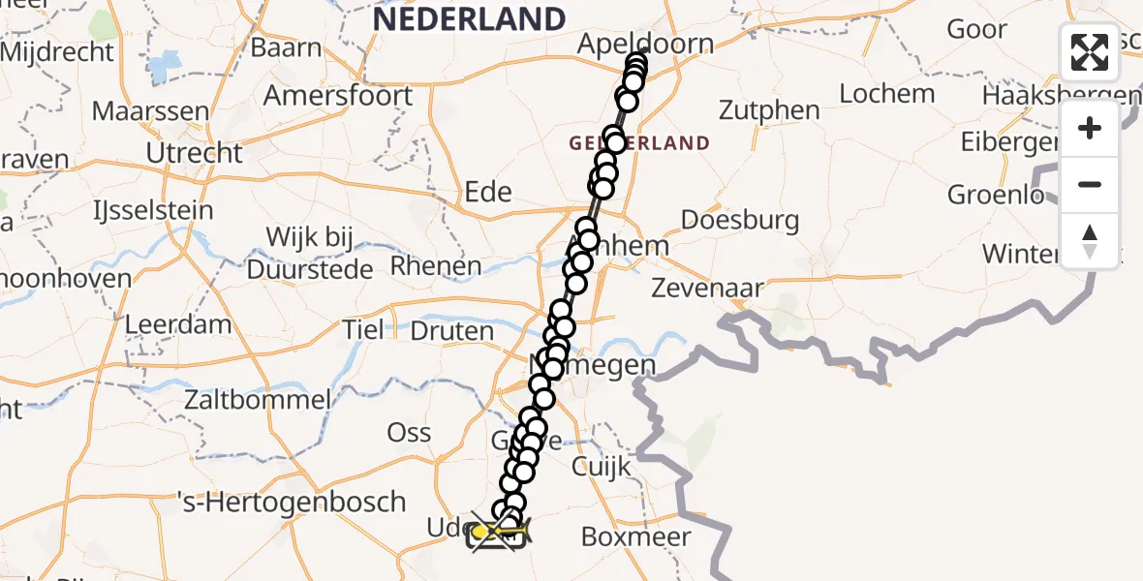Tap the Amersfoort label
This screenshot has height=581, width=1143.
338,96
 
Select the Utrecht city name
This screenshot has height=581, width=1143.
194,153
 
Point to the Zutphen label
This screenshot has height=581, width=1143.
771,110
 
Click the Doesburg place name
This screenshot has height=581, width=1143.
740,220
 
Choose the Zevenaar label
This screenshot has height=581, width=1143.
707,288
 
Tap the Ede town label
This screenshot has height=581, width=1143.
488,192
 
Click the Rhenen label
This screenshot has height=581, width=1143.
435,266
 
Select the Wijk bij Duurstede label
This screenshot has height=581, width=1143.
310,253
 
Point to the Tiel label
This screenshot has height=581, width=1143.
363,330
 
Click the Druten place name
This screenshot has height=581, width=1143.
451,331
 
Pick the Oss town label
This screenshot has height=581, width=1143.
409,433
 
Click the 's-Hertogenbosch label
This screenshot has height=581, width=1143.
291,503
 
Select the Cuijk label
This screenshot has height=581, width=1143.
602,467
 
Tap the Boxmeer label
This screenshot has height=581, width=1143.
635,537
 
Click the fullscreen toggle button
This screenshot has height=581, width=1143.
1090,52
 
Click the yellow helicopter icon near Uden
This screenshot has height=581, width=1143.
498,531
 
